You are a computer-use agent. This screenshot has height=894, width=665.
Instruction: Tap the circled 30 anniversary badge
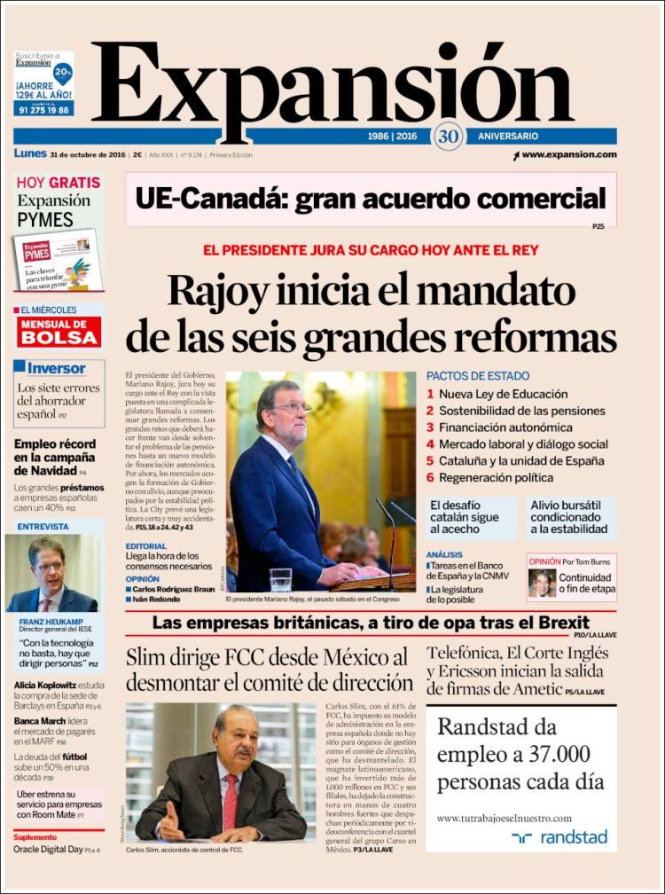[x=448, y=137]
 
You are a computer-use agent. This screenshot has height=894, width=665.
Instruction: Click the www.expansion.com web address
[x=568, y=154]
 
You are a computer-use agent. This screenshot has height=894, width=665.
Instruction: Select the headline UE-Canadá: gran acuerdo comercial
[x=371, y=198]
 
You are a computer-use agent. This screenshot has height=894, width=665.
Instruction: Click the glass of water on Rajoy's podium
[x=281, y=579]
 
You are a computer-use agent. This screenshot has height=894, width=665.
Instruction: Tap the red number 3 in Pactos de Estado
[x=430, y=427]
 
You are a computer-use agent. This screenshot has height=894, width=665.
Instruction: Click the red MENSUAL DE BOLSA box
[x=59, y=332]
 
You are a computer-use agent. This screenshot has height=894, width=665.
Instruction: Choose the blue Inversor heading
[x=56, y=368]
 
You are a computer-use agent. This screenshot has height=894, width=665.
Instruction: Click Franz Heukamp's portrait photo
[x=52, y=573]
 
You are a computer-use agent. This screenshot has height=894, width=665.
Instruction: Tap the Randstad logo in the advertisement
[x=561, y=836]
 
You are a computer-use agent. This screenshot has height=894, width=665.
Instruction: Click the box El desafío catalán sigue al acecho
[x=470, y=516]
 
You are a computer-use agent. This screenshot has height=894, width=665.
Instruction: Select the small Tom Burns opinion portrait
[x=543, y=582]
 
